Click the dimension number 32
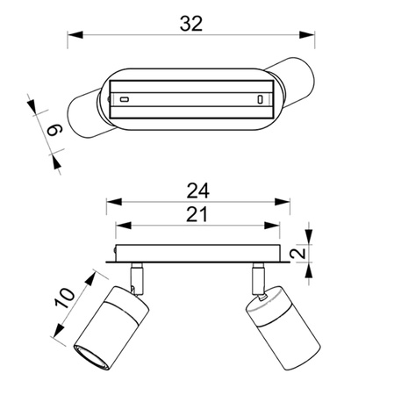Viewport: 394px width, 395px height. coord(191,24)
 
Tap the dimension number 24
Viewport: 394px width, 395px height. coord(198,190)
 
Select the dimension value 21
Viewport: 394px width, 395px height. coord(197,214)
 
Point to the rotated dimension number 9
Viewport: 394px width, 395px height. coord(55,130)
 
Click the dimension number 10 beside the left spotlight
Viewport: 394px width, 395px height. coord(65,298)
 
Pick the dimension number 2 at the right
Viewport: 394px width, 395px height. coord(298,253)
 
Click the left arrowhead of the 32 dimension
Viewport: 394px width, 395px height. coord(75,35)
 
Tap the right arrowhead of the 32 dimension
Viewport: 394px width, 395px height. coord(307,35)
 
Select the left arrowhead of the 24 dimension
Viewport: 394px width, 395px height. coord(114,202)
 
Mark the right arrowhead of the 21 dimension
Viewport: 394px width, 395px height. coord(272,226)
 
